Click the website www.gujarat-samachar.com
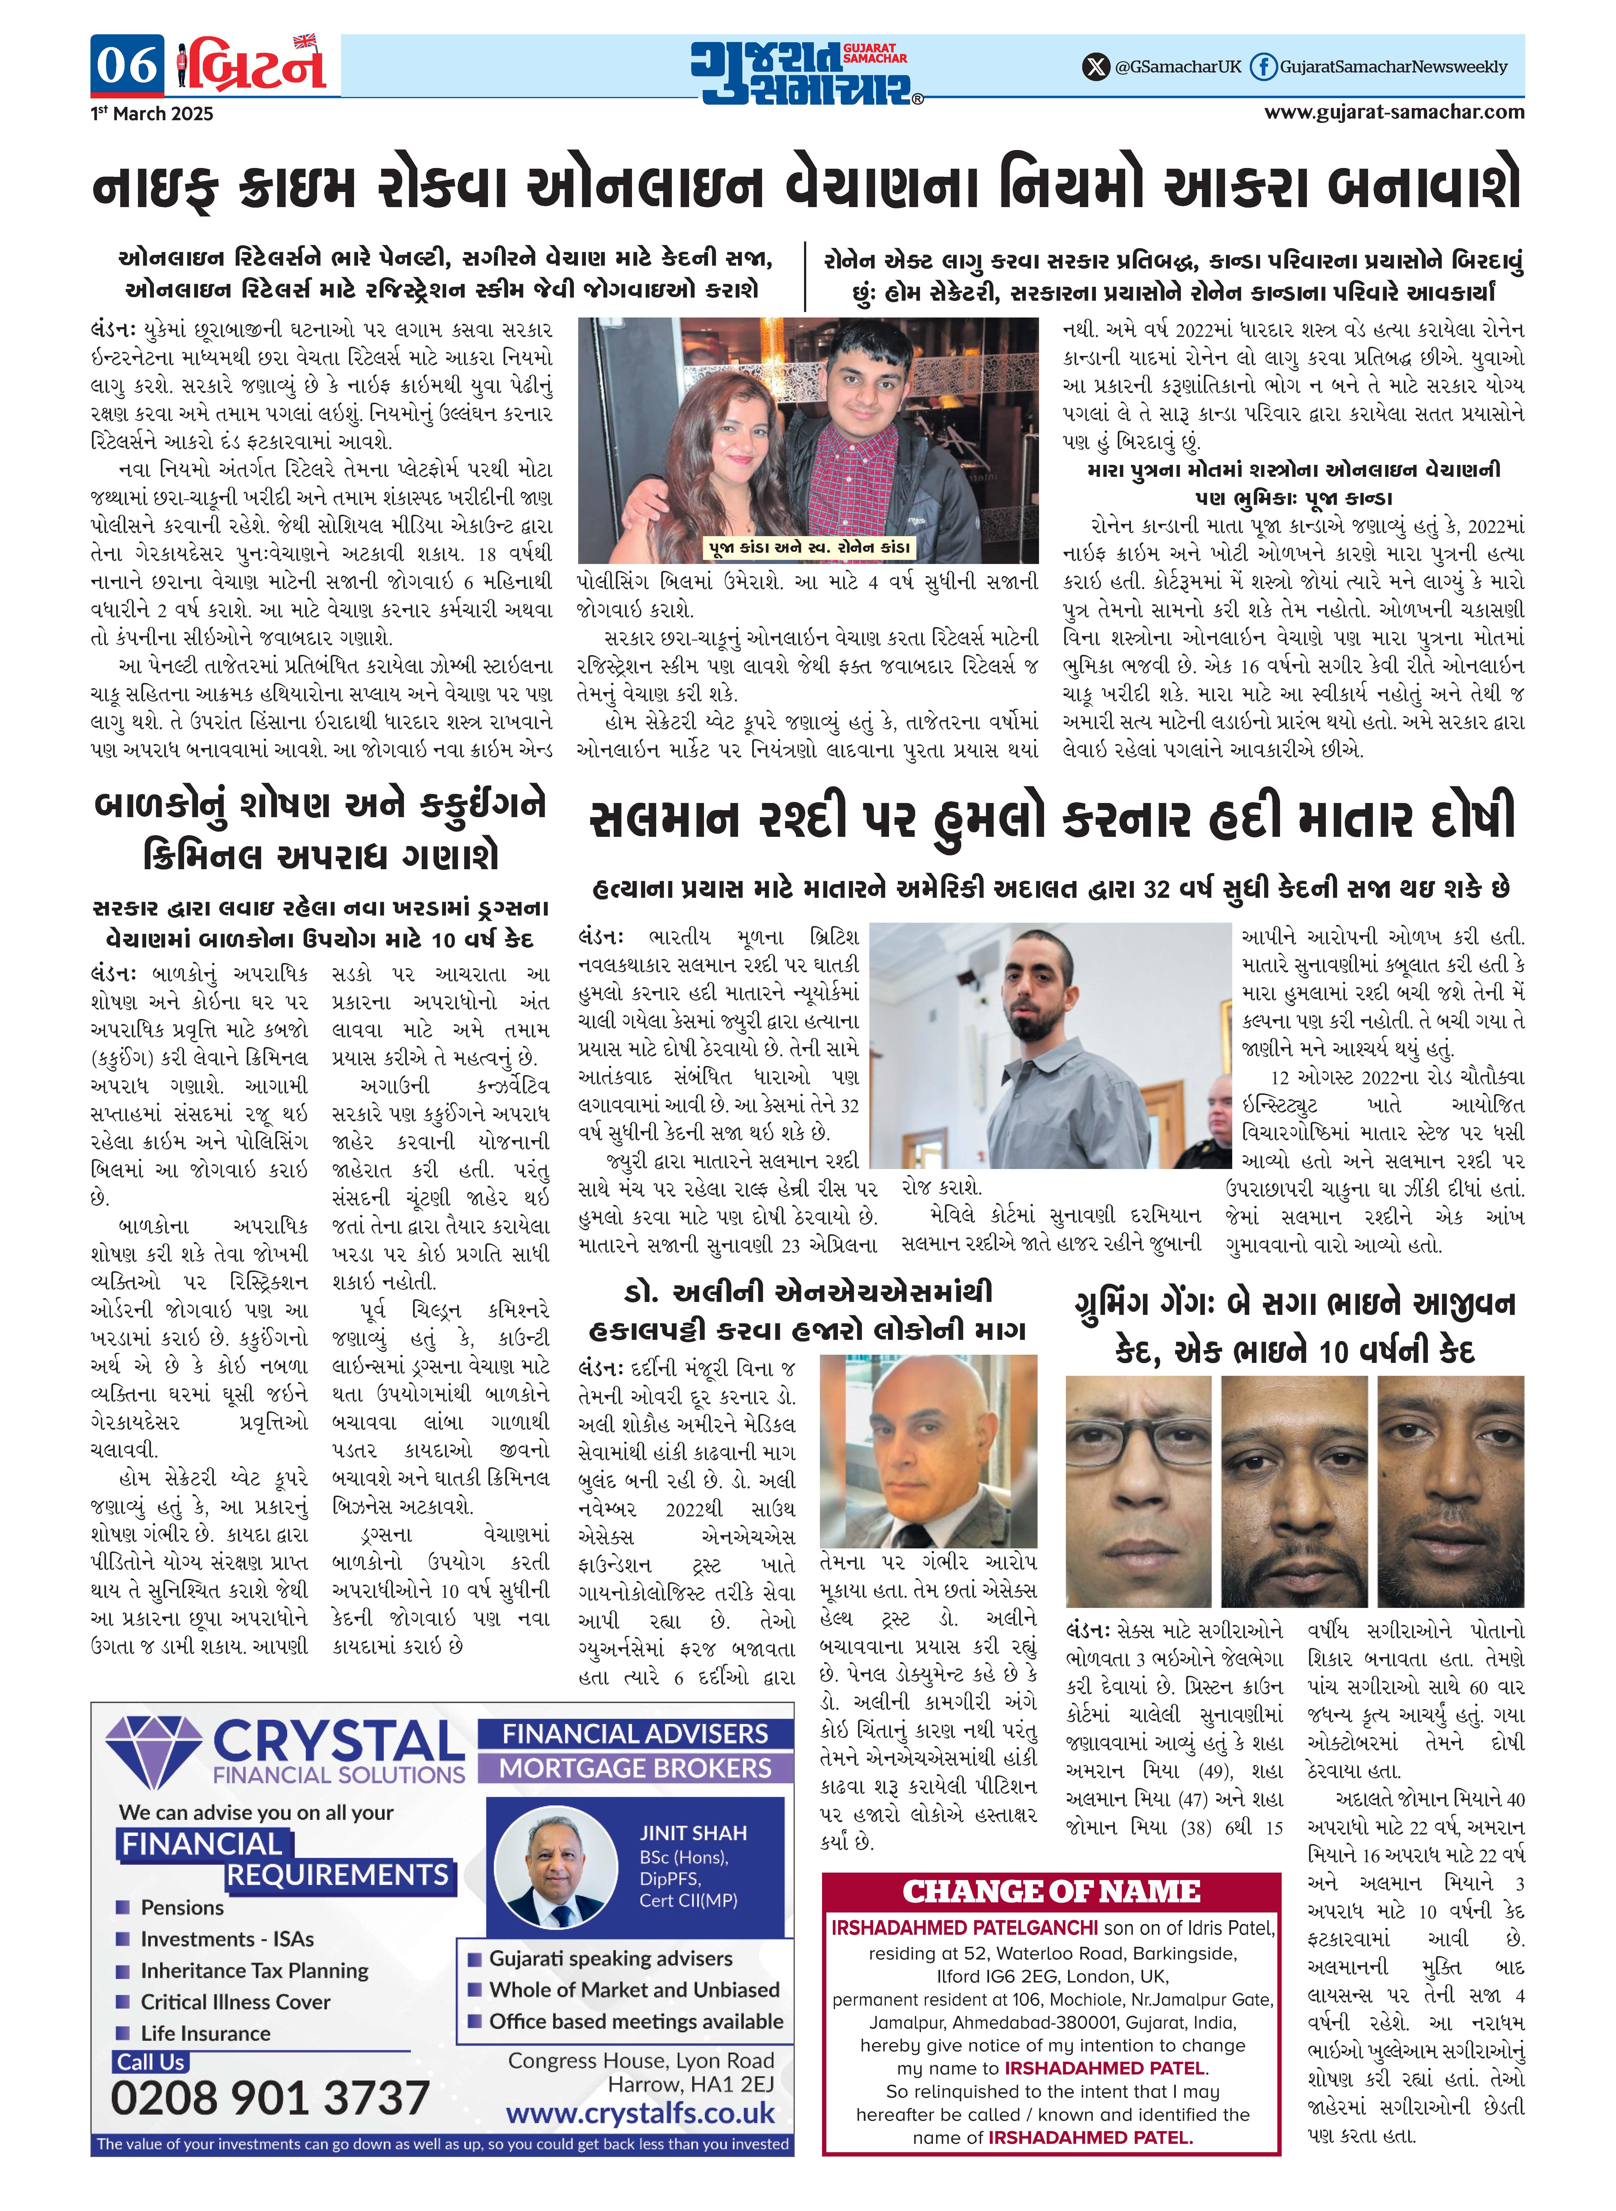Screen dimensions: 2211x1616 [x=1394, y=112]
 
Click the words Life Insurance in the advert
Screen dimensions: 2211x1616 [x=205, y=2033]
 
